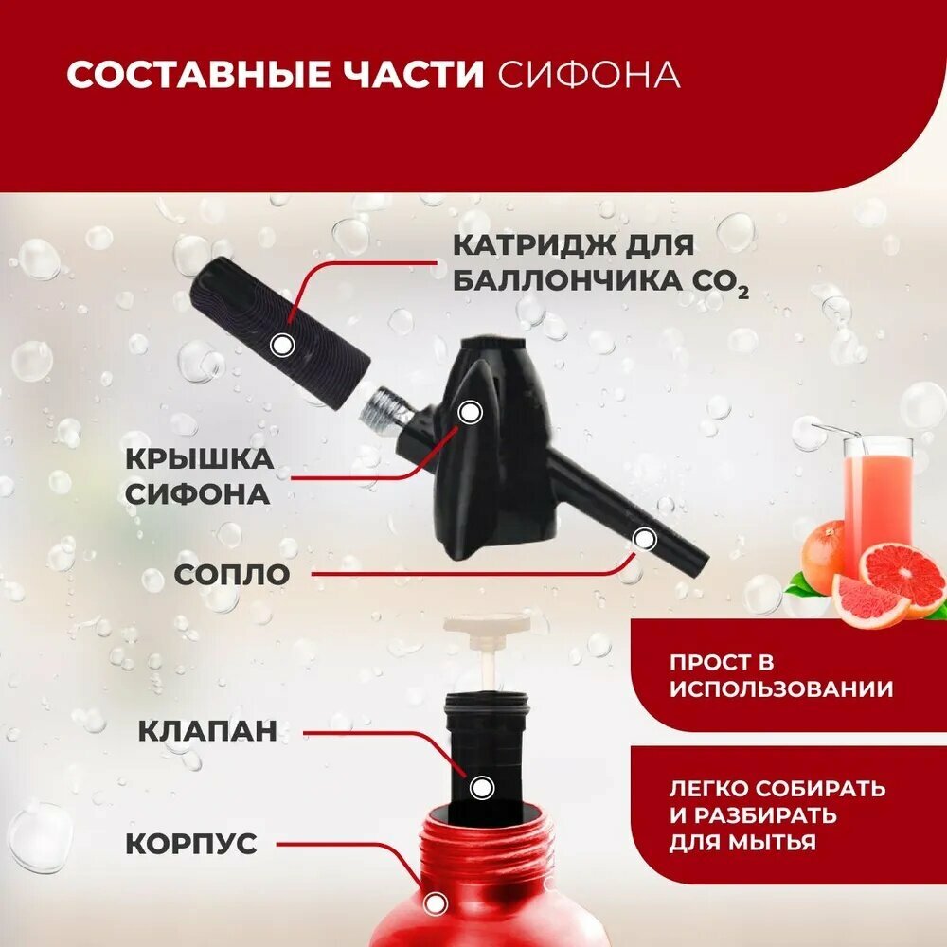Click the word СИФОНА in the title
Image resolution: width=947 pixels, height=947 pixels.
point(589,76)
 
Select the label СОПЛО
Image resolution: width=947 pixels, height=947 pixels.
point(231,574)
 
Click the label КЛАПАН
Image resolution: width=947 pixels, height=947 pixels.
point(208,731)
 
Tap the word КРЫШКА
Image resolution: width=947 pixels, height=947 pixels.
point(199,460)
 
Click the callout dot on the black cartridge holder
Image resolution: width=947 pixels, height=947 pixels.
point(281,346)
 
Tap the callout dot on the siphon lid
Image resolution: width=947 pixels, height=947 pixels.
point(470,412)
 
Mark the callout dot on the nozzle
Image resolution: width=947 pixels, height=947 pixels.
point(644,539)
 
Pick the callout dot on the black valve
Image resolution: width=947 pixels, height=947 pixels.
point(482,787)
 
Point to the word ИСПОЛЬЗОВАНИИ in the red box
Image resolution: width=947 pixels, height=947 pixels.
point(780,689)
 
